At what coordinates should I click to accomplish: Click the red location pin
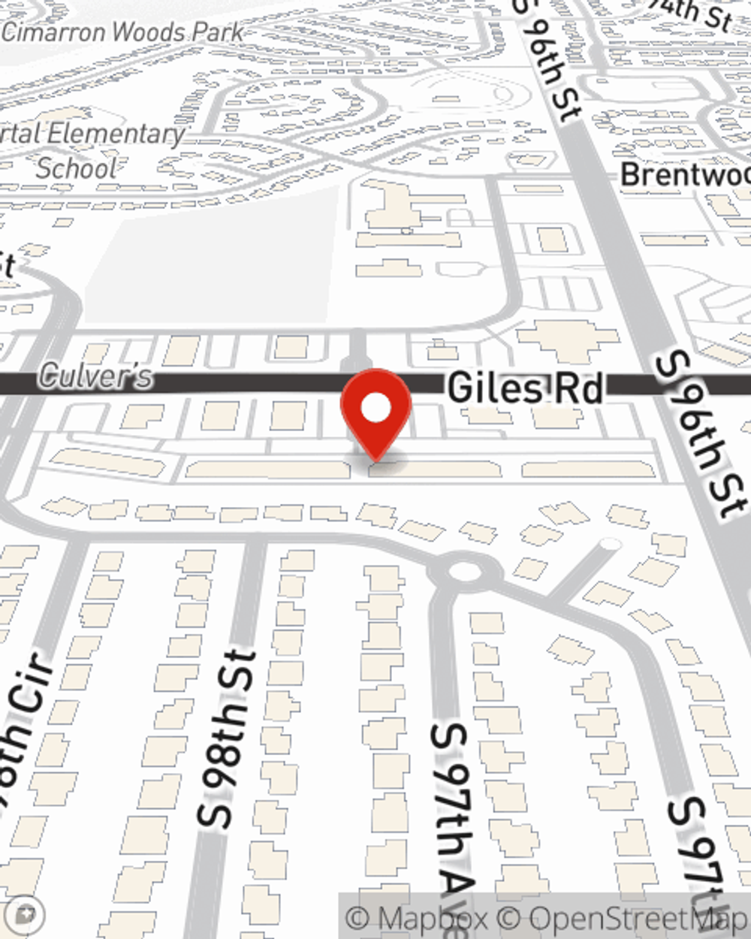[x=376, y=410]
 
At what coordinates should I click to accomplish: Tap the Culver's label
[x=95, y=376]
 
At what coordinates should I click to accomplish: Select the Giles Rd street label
[x=525, y=388]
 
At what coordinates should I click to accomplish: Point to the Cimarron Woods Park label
[x=123, y=32]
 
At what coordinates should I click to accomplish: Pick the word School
[x=77, y=168]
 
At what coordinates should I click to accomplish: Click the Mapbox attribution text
[x=417, y=918]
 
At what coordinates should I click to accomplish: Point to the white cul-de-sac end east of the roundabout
[x=611, y=543]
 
